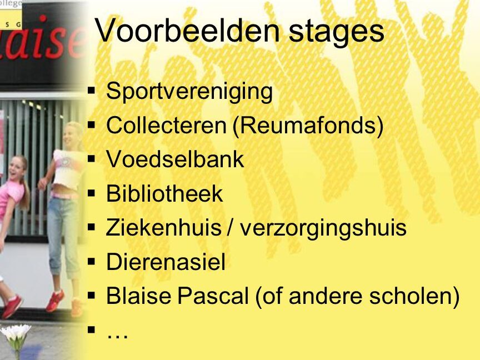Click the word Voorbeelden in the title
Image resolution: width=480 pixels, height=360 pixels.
pos(187,31)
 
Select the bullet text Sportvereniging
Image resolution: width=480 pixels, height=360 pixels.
pos(189,92)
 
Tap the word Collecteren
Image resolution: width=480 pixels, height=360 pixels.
pos(166,125)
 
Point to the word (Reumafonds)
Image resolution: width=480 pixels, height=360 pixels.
pos(308,126)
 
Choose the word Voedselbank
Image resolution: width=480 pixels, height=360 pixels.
pos(175,159)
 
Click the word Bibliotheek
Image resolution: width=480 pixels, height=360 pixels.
pos(164,193)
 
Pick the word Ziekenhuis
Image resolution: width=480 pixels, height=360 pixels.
pos(163,227)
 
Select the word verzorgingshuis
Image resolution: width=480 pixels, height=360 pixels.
pos(323,228)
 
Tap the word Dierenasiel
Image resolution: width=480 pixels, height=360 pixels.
pos(166,262)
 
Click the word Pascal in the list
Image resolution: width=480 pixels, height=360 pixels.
pos(213,296)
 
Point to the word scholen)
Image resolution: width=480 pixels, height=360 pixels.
pos(414,296)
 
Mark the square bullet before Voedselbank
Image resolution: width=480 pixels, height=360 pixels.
pos(91,159)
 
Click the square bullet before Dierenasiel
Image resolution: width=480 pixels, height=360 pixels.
pos(91,262)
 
